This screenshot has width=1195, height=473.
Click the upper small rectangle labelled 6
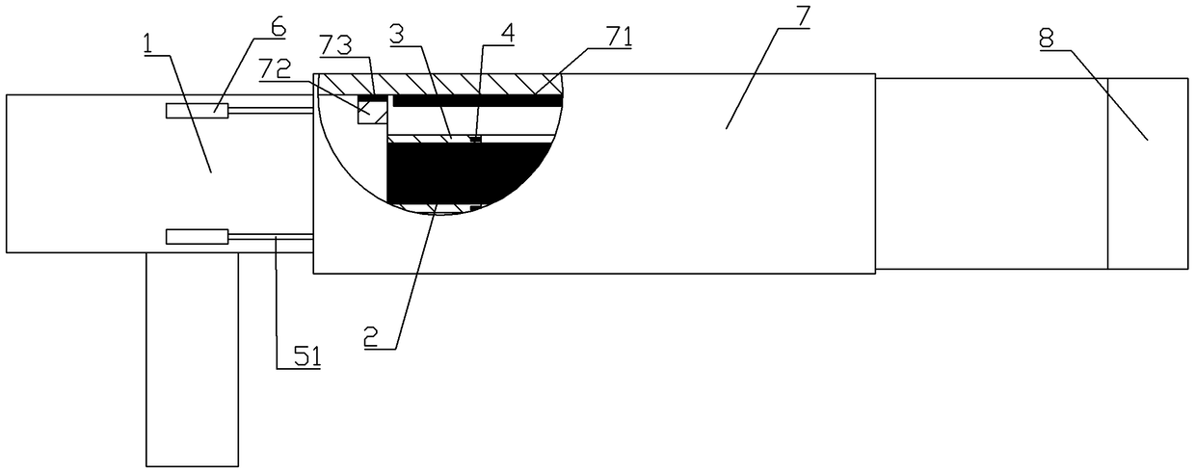click(x=197, y=112)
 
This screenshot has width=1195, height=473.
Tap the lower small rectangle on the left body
click(x=197, y=236)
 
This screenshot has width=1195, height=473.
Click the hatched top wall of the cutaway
click(x=443, y=84)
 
